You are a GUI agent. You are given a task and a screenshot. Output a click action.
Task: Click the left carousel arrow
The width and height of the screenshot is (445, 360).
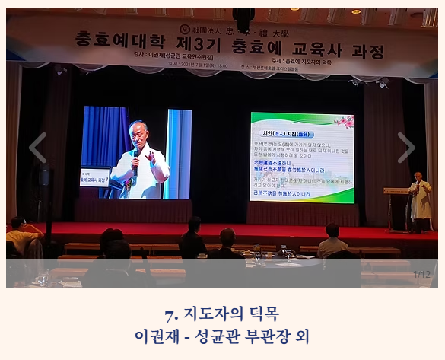(x=37, y=148)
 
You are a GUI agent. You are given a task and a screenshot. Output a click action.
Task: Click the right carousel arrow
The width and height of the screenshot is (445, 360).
(x=406, y=148)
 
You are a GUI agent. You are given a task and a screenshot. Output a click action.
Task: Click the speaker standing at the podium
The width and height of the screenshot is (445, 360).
(x=419, y=199)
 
